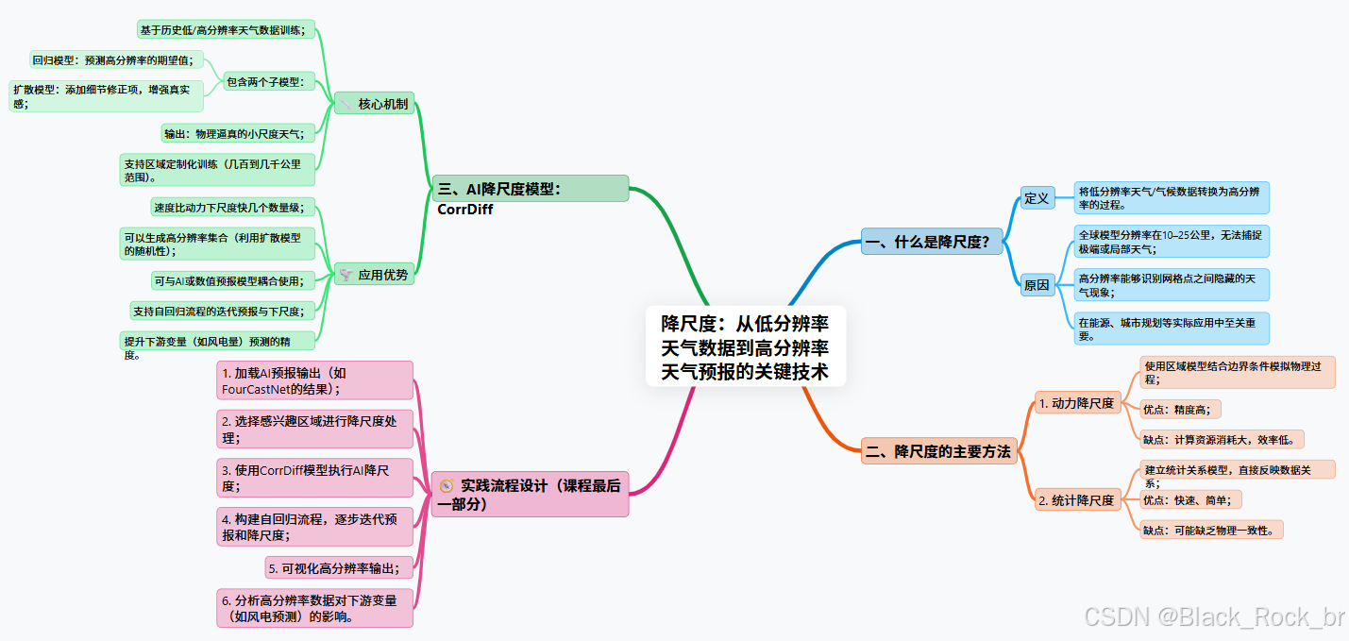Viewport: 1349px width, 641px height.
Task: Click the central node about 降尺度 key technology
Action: pos(745,346)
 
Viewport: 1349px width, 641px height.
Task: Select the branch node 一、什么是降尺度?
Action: pos(927,243)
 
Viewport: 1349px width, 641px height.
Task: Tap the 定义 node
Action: pos(1037,198)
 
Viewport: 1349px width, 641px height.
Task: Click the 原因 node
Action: pos(1037,285)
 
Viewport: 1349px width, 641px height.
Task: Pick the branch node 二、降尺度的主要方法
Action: pos(938,451)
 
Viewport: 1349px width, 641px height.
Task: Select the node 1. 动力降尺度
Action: pos(1076,403)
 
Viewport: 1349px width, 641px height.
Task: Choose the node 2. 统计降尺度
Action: pos(1076,500)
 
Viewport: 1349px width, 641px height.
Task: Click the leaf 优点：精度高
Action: pos(1180,409)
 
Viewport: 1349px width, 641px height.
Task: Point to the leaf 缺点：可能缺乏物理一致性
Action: pos(1210,530)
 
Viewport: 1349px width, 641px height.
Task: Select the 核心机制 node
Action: pos(374,104)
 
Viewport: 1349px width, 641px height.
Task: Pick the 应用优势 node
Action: pos(374,275)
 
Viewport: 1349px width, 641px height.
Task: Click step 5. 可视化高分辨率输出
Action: pos(340,567)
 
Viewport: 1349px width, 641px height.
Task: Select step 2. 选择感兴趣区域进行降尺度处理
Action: pos(315,430)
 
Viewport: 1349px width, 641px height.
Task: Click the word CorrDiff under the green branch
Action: pos(465,210)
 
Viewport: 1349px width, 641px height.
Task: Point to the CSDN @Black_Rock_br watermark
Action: pos(1214,617)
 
